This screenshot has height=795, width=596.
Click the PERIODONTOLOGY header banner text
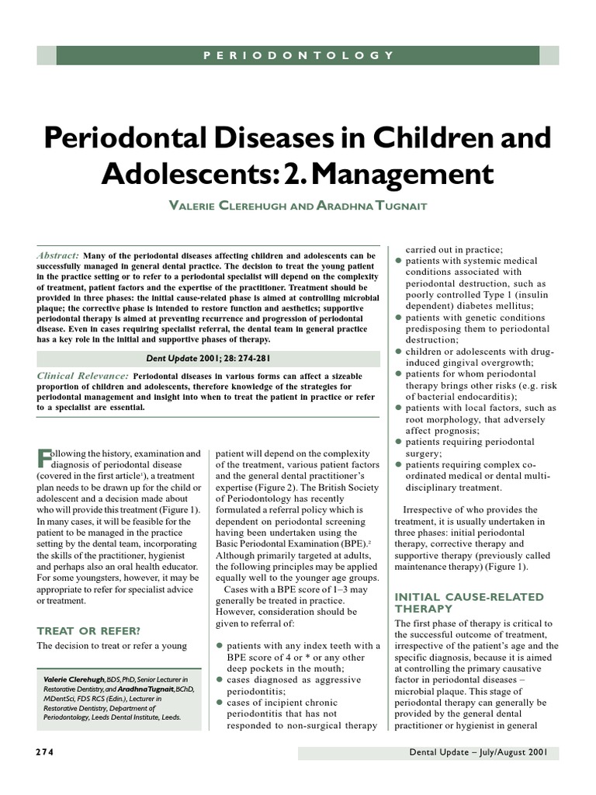point(298,55)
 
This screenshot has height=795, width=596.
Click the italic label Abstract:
point(58,255)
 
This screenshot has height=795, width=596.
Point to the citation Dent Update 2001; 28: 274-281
point(209,358)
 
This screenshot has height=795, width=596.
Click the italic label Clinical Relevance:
point(83,376)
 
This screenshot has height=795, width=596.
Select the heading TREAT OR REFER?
point(89,630)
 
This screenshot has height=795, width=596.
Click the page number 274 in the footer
point(47,753)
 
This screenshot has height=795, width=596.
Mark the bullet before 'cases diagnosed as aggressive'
point(220,679)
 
